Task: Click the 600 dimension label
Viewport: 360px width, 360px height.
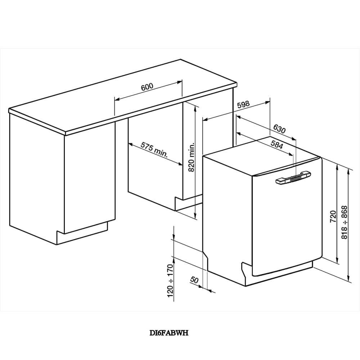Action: (x=147, y=86)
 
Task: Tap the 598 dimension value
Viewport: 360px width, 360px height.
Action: (x=243, y=105)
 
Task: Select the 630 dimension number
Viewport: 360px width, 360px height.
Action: (x=279, y=129)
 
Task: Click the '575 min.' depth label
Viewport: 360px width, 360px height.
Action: (x=154, y=150)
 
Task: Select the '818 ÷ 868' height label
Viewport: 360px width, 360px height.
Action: (x=345, y=223)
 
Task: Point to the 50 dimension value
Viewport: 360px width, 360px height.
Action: (x=194, y=280)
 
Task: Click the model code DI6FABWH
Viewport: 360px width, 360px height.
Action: (x=168, y=333)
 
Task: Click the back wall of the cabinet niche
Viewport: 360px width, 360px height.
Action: (x=155, y=169)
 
